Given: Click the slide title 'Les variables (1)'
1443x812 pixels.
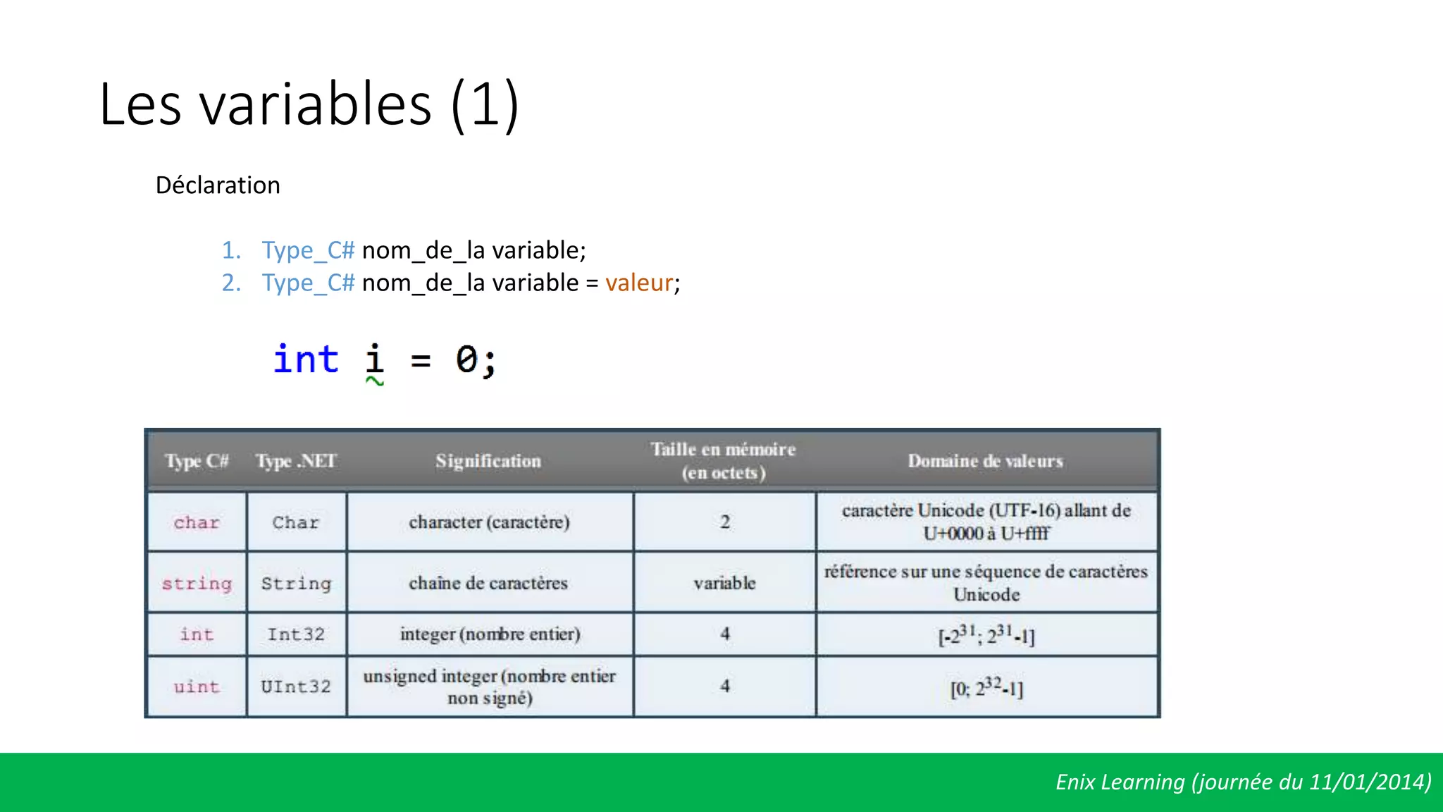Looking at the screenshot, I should pyautogui.click(x=309, y=104).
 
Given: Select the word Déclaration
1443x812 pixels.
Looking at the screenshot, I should pyautogui.click(x=218, y=185).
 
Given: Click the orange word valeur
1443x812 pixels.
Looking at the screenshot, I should pyautogui.click(x=639, y=283).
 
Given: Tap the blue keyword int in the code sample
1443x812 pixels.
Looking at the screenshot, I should pyautogui.click(x=306, y=359).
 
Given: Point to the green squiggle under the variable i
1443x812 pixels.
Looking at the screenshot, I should pyautogui.click(x=375, y=381).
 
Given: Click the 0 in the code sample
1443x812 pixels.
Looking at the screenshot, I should pyautogui.click(x=466, y=359).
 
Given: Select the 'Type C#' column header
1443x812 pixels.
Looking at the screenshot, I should pyautogui.click(x=197, y=461).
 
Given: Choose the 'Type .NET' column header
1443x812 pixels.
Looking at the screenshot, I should pyautogui.click(x=296, y=461).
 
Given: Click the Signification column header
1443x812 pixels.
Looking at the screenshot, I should pyautogui.click(x=488, y=461).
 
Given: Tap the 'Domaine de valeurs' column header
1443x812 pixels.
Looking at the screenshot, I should pyautogui.click(x=985, y=461).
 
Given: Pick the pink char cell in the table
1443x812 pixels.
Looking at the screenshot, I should pyautogui.click(x=197, y=522).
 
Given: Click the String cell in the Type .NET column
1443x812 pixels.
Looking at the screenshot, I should pyautogui.click(x=296, y=583).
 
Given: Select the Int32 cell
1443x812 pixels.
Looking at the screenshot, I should pyautogui.click(x=296, y=634).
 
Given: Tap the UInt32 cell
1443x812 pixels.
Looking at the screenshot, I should pyautogui.click(x=296, y=687).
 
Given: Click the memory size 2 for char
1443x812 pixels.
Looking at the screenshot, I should pyautogui.click(x=724, y=522).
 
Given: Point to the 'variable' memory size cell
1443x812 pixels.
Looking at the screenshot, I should pyautogui.click(x=724, y=583).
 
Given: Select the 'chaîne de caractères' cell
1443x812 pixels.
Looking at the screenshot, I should pyautogui.click(x=488, y=583).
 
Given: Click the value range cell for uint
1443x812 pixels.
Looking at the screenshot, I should pyautogui.click(x=986, y=687).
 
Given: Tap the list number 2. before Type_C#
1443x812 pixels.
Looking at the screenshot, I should pyautogui.click(x=231, y=283).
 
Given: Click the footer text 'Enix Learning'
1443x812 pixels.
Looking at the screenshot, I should pyautogui.click(x=1120, y=782).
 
